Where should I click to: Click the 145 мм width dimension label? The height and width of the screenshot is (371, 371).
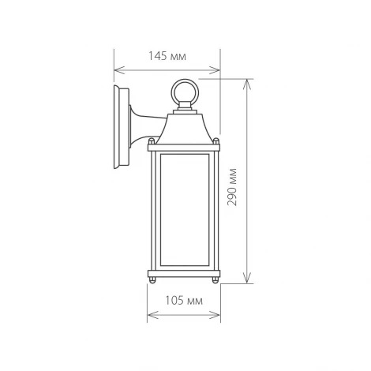coord(165,57)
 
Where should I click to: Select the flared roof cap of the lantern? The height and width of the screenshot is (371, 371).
coord(185,130)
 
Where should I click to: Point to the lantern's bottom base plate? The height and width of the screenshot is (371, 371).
coord(185,275)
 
